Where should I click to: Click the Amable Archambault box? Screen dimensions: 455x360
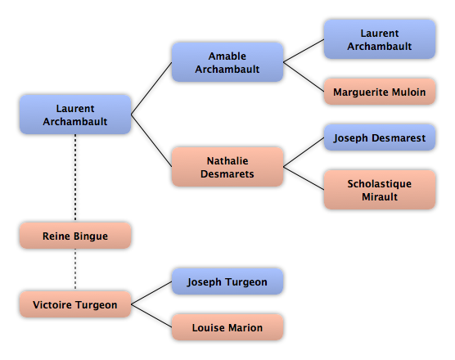coord(227,62)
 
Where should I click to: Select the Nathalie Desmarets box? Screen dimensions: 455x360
coord(227,167)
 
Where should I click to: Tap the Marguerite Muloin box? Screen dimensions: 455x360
coord(380,92)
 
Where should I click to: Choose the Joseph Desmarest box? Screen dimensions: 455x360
coord(380,137)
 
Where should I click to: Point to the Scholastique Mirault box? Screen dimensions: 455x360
coord(380,190)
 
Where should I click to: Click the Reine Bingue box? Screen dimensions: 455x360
coord(75,236)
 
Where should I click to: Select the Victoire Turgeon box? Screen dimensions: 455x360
coord(75,304)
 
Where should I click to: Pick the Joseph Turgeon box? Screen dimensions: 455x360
coord(227,281)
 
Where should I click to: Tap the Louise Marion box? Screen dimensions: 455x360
coord(227,327)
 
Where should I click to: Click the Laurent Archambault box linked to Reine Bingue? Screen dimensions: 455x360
coord(75,115)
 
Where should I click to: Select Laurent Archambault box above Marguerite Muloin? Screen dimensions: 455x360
coord(380,39)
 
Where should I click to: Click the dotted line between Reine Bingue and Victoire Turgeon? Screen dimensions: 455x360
coord(75,270)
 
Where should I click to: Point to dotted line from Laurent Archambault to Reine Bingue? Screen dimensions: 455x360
coord(75,178)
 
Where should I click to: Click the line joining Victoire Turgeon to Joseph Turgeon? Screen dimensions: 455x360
coord(151,293)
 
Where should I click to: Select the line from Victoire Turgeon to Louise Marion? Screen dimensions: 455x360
coord(151,316)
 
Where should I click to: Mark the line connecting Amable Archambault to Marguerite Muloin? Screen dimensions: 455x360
coord(304,77)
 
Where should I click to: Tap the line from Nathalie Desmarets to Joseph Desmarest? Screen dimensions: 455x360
coord(304,152)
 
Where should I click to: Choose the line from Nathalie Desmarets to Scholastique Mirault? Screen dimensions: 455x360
coord(304,178)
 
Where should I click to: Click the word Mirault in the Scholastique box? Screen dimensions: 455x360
coord(380,196)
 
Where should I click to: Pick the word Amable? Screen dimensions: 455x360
coord(227,56)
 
